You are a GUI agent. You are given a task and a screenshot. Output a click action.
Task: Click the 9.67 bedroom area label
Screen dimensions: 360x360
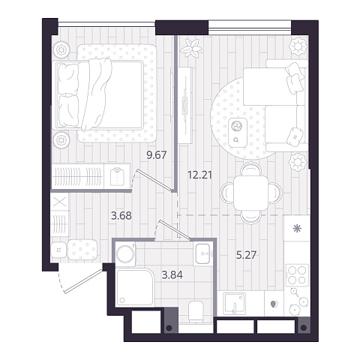point(157,155)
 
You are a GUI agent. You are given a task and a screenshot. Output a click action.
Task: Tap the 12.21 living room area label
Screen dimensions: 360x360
point(199,175)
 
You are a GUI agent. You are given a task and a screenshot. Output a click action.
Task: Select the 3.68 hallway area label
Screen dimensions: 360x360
point(121,215)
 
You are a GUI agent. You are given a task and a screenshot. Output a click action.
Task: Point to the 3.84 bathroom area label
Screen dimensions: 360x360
point(172,275)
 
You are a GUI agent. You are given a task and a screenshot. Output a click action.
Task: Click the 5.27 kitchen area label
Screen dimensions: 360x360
point(247,255)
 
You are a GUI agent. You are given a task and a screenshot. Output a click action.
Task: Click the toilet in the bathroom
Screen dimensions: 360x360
point(196,312)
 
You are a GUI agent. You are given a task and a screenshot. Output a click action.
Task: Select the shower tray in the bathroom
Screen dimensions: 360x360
point(135,287)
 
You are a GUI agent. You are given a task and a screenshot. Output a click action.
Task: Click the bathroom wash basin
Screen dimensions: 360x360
point(203,253)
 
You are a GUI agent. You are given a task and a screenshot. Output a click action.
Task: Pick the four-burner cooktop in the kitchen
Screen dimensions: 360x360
point(297,274)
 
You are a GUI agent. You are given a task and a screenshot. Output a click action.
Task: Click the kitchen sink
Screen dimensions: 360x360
point(235,303)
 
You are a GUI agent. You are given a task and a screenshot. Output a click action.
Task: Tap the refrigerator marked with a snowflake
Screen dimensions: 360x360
point(297,228)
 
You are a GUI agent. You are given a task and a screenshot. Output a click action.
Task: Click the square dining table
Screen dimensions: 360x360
point(250,193)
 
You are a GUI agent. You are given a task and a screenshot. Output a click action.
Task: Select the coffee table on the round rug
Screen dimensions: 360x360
point(238,132)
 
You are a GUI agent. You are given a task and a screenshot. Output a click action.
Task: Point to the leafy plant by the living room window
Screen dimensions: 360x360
point(191,47)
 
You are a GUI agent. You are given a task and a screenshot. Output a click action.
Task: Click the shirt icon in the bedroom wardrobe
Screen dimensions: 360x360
point(117,176)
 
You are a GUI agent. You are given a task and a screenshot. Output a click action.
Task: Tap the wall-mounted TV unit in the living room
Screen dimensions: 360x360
point(185,106)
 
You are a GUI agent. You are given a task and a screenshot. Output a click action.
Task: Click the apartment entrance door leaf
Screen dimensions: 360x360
point(83,280)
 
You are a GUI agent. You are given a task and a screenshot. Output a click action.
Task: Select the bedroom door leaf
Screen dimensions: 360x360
point(154,180)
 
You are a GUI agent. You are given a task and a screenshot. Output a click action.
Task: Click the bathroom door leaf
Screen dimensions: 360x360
point(174,229)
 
